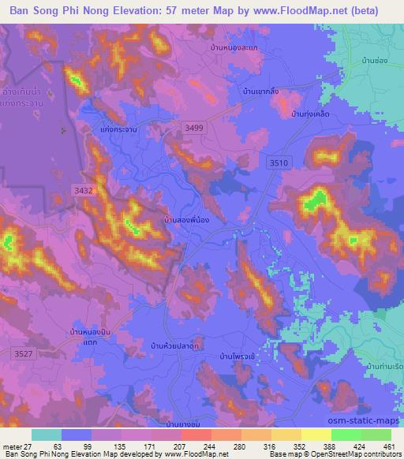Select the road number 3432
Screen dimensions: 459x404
(83, 190)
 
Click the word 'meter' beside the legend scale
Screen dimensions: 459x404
(12, 446)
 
